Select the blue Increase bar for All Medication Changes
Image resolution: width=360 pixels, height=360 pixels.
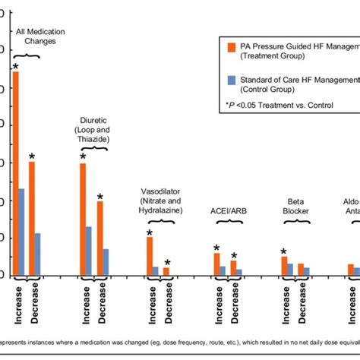[x=22, y=232]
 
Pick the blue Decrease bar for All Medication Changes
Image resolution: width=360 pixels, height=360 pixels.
[x=38, y=254]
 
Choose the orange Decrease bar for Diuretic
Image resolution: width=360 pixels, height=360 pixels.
[x=99, y=238]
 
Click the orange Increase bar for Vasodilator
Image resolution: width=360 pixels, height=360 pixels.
[x=150, y=256]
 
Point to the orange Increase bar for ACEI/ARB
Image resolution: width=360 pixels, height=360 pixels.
[x=216, y=264]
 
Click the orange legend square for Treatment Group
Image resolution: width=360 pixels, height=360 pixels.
[x=231, y=47]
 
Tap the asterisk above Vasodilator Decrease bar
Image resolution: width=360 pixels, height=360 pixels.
[x=167, y=263]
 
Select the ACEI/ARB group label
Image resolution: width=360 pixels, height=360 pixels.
[x=229, y=211]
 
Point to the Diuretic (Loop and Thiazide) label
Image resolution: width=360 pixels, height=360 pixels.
[x=95, y=130]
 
